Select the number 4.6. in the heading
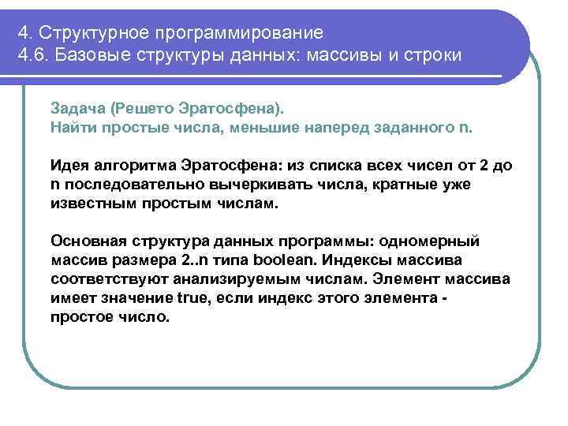click(x=33, y=57)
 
